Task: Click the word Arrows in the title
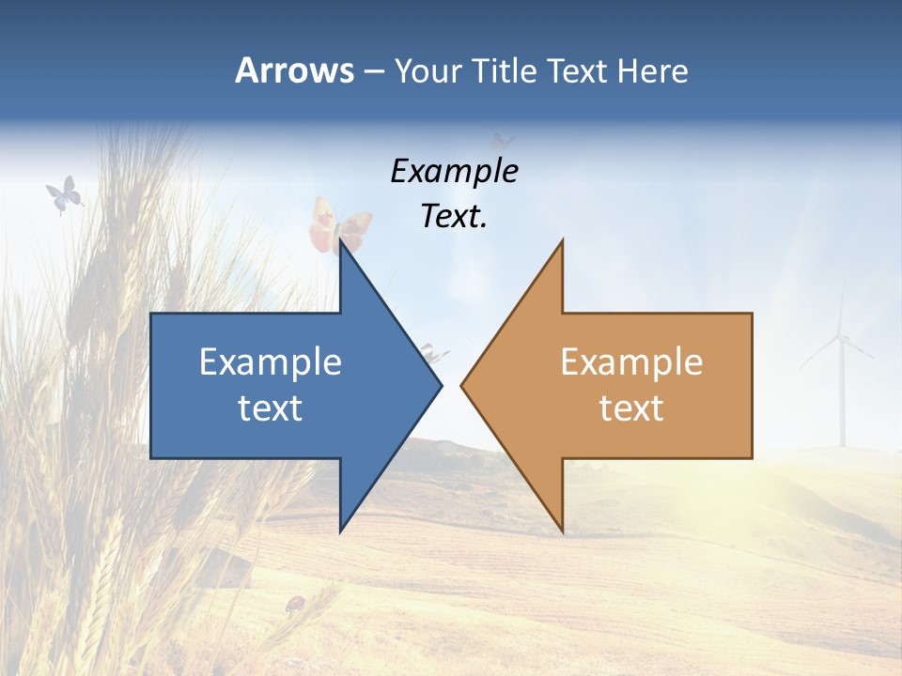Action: tap(294, 70)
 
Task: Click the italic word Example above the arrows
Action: tap(454, 172)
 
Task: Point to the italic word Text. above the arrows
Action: tap(454, 216)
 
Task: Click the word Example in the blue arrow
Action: tap(271, 361)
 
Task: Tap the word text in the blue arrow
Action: tap(271, 408)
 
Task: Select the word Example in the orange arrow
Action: tap(631, 361)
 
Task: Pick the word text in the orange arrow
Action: tap(631, 408)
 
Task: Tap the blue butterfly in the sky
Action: tap(64, 194)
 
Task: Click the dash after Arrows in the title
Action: tap(373, 71)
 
